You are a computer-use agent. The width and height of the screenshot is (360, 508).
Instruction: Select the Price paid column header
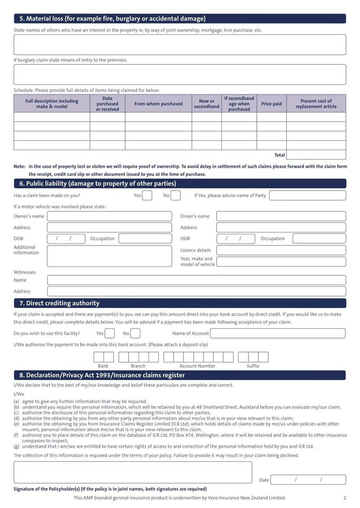point(271,104)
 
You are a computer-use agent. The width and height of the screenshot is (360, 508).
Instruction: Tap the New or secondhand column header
point(207,104)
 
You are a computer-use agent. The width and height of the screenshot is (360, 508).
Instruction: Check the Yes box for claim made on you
point(147,196)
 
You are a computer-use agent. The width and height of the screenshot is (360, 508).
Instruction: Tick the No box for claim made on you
point(175,196)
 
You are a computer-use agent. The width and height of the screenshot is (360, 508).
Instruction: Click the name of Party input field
point(307,196)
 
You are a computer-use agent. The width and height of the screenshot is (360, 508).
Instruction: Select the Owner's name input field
point(109,216)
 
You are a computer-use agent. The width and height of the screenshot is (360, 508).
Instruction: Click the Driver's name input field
point(281,216)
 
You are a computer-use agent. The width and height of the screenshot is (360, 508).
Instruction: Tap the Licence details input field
point(281,250)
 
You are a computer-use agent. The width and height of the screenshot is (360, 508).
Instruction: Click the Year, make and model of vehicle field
point(281,262)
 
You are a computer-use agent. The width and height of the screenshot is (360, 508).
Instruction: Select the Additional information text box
point(109,256)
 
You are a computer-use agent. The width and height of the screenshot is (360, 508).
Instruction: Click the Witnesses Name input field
point(196,280)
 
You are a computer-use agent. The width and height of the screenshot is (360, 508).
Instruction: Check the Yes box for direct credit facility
point(109,334)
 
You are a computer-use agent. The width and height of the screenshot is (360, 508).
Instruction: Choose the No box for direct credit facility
point(135,334)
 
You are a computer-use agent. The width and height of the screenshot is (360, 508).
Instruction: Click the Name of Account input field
point(278,334)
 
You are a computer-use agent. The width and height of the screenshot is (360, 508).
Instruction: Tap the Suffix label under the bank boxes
point(253,366)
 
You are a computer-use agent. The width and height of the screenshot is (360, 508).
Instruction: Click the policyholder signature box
point(133,472)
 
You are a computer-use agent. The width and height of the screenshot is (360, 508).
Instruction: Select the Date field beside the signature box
point(309,480)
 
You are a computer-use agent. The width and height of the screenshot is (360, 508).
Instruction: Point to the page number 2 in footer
point(345,498)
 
